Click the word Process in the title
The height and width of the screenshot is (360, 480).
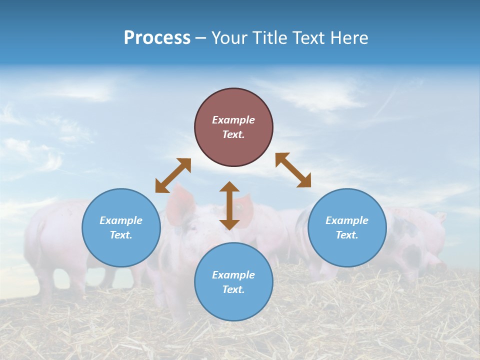point(157,38)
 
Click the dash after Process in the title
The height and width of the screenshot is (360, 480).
point(201,38)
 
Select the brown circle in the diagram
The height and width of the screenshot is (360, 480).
point(233,127)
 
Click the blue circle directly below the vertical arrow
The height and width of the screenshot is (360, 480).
point(233,282)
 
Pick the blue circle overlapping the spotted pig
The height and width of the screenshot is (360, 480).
point(347,227)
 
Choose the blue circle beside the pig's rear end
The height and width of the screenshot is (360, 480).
point(121,227)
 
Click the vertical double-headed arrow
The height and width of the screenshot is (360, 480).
point(229,205)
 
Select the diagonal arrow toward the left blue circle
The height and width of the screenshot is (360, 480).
point(173,175)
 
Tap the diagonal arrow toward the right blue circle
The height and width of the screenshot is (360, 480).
point(293,170)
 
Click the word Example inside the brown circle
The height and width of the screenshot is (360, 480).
point(233,120)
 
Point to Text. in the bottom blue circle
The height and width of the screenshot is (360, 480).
point(233,289)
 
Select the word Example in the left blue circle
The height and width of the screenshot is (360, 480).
point(121,220)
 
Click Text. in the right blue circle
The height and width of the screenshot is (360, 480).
point(347,235)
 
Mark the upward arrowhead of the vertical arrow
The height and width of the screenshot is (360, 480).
point(229,186)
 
